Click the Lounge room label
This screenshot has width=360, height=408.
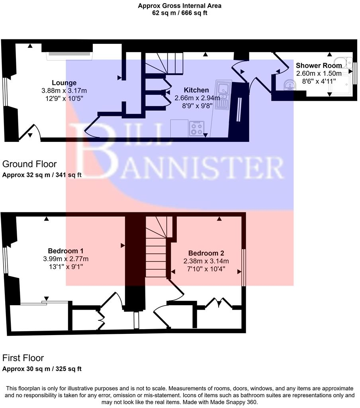pos(64,83)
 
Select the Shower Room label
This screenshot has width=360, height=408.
pos(319,65)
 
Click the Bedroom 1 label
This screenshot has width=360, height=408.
pos(65,251)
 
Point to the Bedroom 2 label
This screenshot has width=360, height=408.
pos(206,253)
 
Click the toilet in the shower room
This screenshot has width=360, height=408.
pos(343,63)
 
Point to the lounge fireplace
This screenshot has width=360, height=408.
pos(69,55)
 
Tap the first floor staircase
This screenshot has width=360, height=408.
pos(156,251)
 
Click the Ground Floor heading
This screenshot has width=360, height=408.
pos(29,164)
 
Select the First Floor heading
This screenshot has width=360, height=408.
pos(23,358)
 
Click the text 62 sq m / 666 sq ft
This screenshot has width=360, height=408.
pos(179,13)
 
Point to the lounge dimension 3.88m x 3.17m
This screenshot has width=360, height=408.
pos(64,90)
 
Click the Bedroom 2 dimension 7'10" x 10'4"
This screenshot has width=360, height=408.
pos(206,269)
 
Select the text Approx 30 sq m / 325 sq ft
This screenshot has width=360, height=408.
pos(42,369)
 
